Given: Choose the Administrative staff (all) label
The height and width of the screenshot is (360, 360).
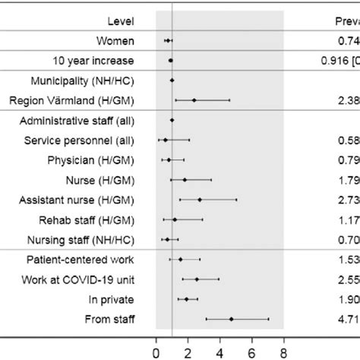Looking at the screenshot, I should click(x=77, y=120).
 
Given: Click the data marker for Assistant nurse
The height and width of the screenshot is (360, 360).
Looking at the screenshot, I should click(x=200, y=201).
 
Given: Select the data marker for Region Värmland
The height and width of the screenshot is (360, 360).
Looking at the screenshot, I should click(x=194, y=99).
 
